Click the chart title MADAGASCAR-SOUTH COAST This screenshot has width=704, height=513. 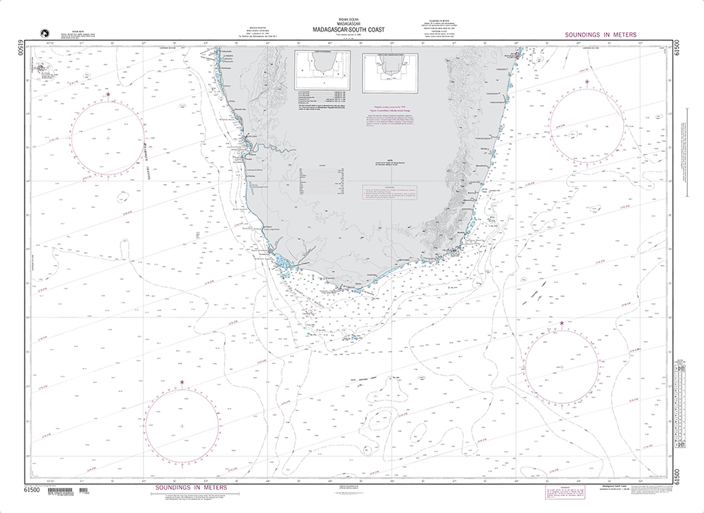point(350,30)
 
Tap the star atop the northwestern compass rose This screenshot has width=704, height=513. point(108,94)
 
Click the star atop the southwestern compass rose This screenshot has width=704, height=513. point(182,383)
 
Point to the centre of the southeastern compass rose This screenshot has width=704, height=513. point(562,366)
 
